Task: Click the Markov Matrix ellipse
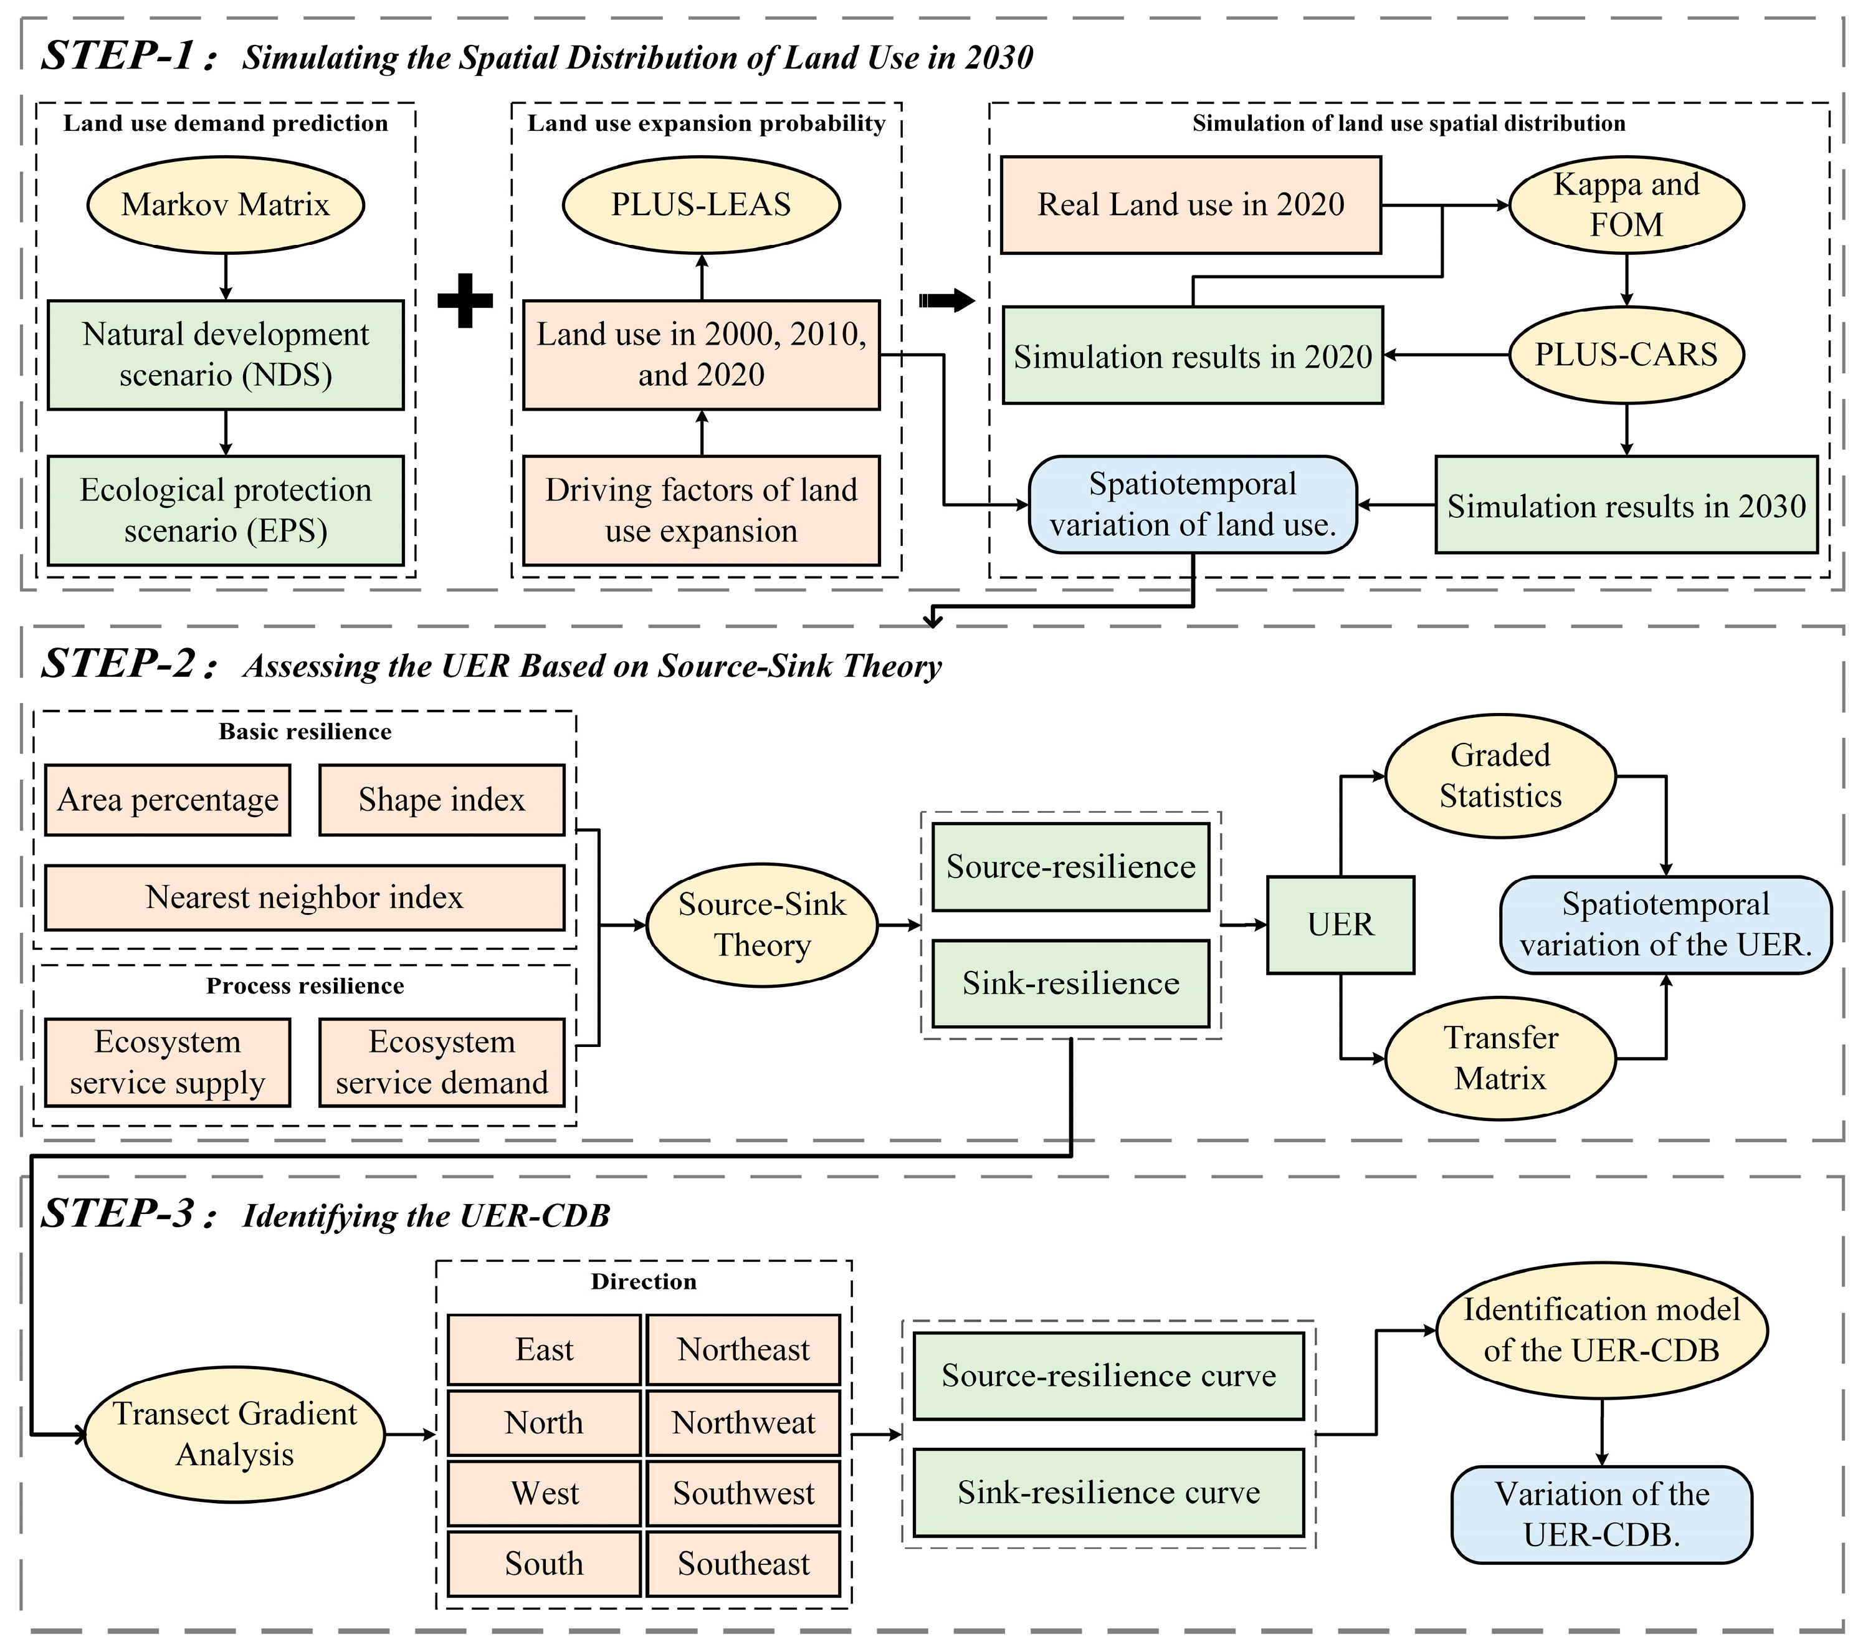[x=225, y=204]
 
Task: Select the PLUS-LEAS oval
[x=701, y=204]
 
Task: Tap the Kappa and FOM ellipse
[x=1626, y=204]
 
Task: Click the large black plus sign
[x=465, y=300]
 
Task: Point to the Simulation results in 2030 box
[x=1626, y=505]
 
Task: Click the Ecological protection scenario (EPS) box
[x=225, y=510]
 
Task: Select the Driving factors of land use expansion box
[x=701, y=510]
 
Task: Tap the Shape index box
[x=441, y=800]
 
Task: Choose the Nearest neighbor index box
[x=304, y=897]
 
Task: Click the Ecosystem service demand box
[x=441, y=1062]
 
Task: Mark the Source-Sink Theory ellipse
[x=762, y=925]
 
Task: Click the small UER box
[x=1340, y=925]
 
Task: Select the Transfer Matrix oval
[x=1500, y=1058]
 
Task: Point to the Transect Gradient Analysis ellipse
[x=235, y=1434]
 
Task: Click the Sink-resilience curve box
[x=1108, y=1493]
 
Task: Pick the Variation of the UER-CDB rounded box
[x=1601, y=1514]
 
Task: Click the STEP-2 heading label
[x=128, y=664]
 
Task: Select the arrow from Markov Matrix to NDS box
[x=226, y=277]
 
